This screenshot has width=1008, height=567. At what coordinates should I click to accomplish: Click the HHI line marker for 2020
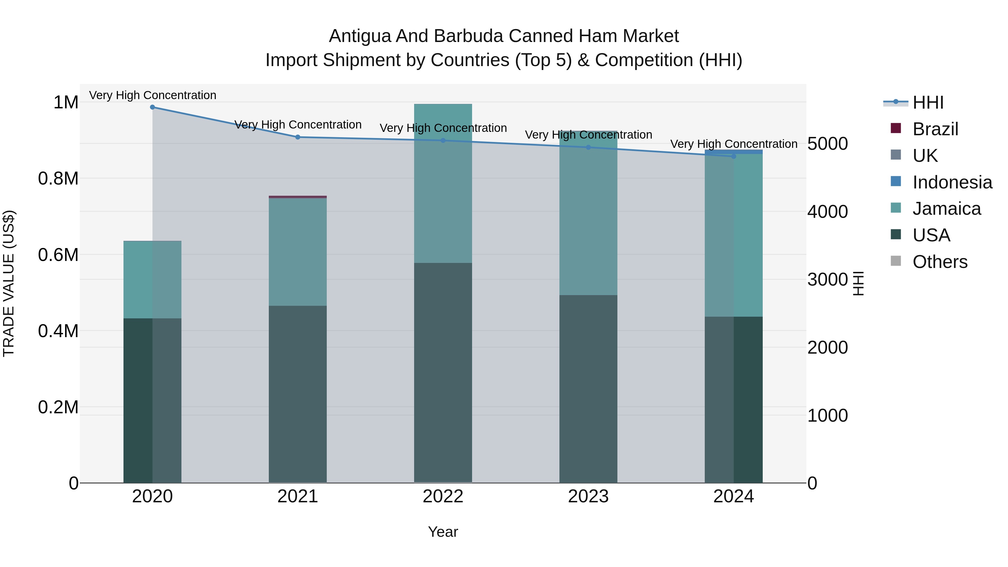pyautogui.click(x=153, y=107)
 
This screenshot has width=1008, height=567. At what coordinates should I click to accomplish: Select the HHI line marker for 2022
pyautogui.click(x=443, y=141)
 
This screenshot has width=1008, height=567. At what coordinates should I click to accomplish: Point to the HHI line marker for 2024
pyautogui.click(x=734, y=157)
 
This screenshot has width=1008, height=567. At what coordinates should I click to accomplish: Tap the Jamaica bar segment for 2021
pyautogui.click(x=298, y=252)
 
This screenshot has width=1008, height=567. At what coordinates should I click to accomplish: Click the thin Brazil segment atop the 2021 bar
pyautogui.click(x=298, y=197)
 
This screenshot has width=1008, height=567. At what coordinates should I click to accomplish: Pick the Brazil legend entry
pyautogui.click(x=935, y=129)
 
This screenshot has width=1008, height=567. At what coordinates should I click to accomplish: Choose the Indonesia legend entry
pyautogui.click(x=952, y=182)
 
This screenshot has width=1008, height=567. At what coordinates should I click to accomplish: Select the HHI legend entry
pyautogui.click(x=928, y=102)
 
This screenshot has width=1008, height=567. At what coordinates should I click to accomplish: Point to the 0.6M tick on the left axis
pyautogui.click(x=58, y=255)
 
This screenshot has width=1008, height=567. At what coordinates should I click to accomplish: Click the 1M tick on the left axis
pyautogui.click(x=66, y=102)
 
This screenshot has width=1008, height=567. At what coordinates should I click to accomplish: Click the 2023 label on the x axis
pyautogui.click(x=588, y=496)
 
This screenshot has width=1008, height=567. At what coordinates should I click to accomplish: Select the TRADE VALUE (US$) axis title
pyautogui.click(x=9, y=283)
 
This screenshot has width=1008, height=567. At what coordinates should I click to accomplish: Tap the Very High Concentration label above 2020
pyautogui.click(x=153, y=95)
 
